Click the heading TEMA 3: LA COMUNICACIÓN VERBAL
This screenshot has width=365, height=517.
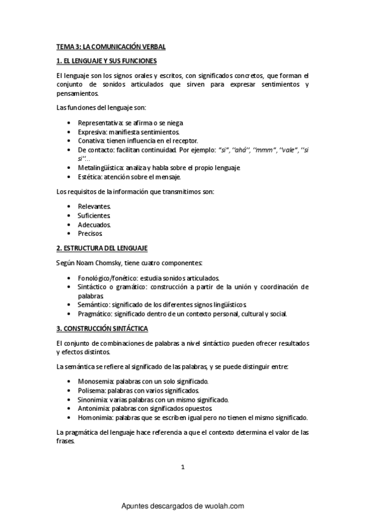111,46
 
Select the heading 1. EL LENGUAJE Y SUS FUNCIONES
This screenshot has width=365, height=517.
106,61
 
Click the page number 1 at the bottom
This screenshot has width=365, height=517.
183,467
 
